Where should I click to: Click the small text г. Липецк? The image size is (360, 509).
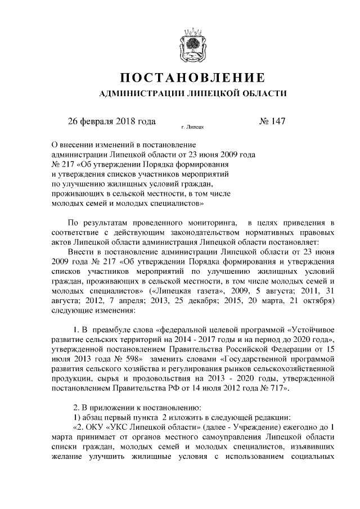pos(192,127)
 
